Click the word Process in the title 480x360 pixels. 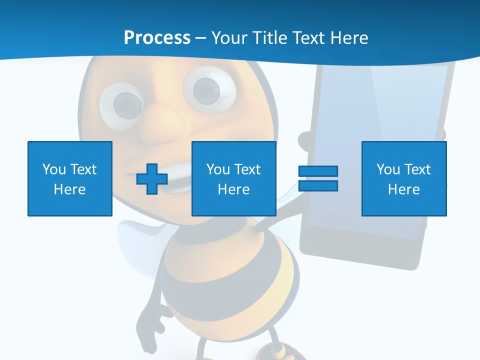coord(157,37)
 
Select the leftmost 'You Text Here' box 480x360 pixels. coord(69,178)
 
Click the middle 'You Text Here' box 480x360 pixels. coord(233,178)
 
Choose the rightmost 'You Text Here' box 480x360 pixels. coord(403,178)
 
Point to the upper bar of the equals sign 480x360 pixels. coord(318,171)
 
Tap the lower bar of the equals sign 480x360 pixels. coord(318,186)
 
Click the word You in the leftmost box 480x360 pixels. coord(53,169)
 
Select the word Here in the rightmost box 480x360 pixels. coord(403,189)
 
